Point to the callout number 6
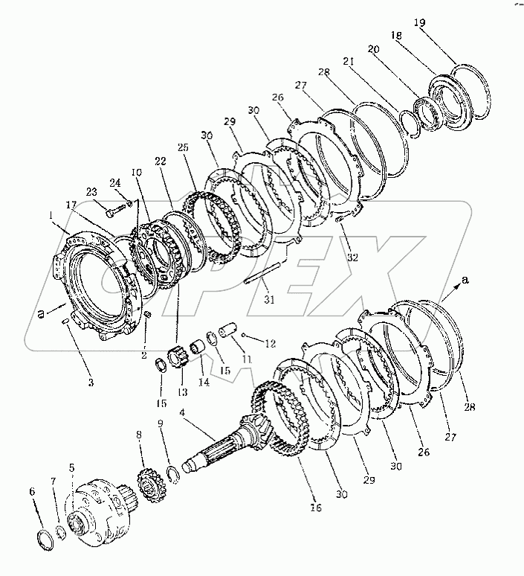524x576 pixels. (x=31, y=491)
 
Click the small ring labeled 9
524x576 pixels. (x=171, y=470)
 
